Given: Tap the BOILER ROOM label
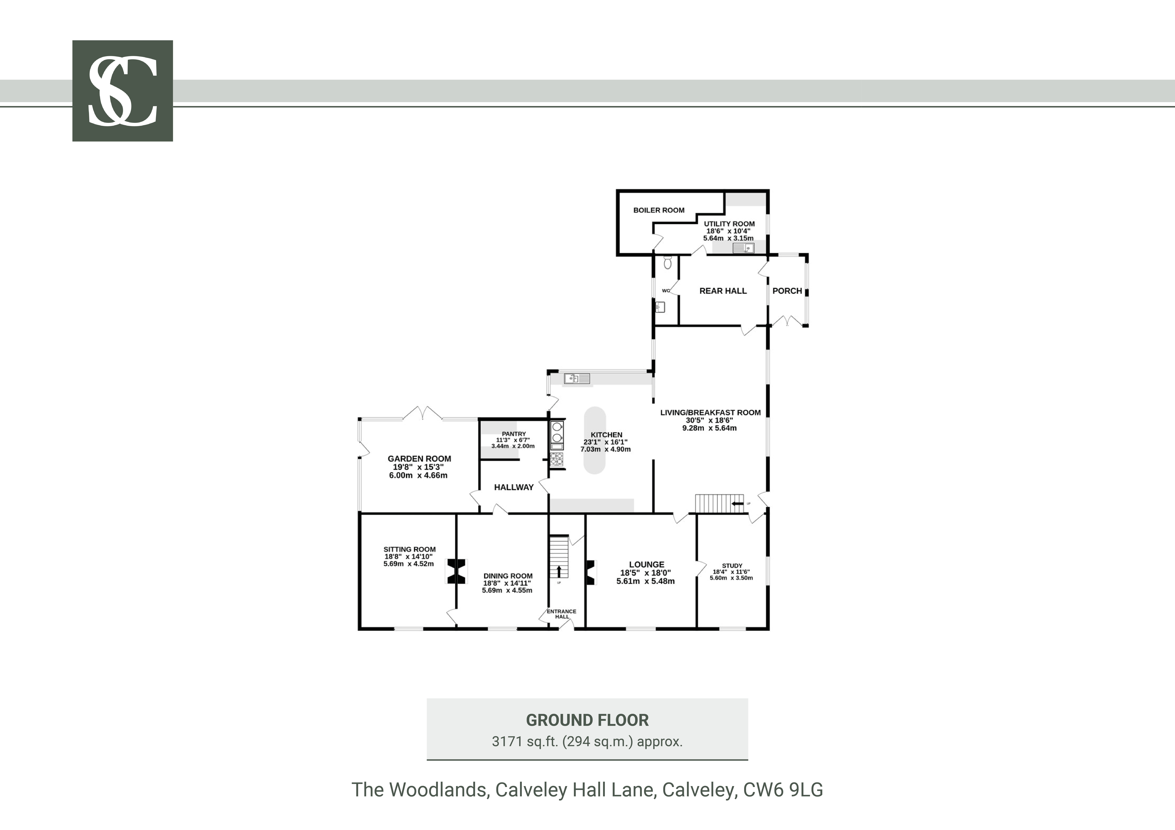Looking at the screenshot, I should coord(659,210).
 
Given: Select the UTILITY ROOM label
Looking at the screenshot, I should coord(729,224).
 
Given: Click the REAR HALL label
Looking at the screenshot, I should coord(723,291).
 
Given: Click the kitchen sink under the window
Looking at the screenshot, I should coord(577,379).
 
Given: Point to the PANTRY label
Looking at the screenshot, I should coord(514,434).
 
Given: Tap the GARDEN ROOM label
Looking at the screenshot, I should coord(419,459).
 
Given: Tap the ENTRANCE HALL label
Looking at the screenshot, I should coord(561,614).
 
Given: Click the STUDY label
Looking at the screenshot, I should coord(732,566).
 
